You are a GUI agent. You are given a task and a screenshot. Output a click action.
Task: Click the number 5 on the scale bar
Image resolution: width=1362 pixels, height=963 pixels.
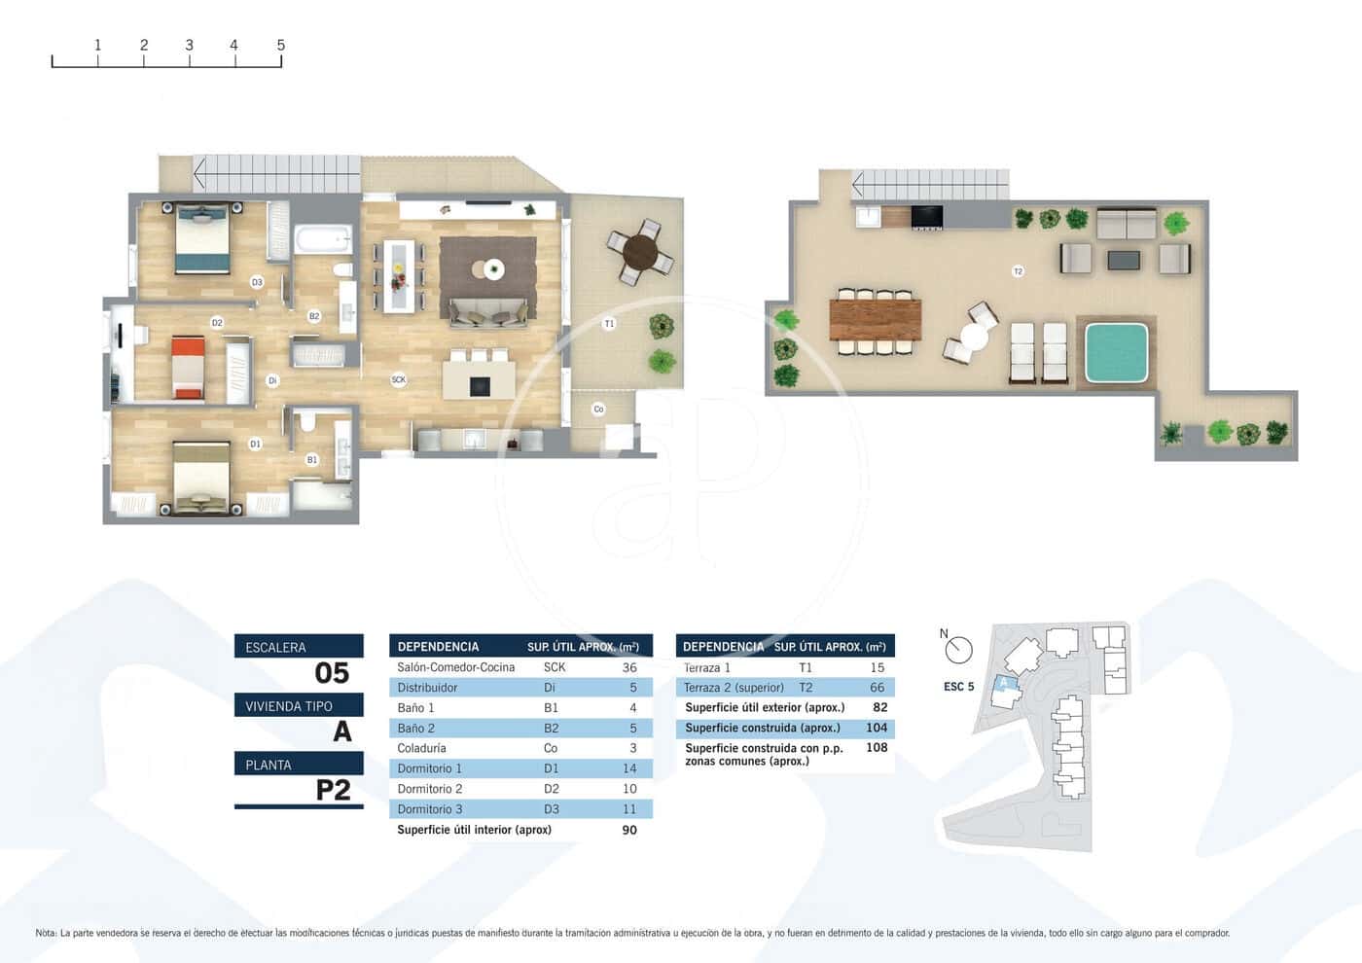[280, 45]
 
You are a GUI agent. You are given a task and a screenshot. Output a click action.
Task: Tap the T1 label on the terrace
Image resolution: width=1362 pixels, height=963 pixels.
[609, 324]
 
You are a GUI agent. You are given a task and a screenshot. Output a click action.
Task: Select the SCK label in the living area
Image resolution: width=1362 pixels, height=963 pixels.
[398, 379]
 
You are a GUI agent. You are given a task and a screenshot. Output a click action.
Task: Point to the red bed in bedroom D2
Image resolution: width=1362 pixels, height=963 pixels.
[187, 367]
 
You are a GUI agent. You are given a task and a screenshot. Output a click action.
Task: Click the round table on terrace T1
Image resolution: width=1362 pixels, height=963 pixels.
[640, 253]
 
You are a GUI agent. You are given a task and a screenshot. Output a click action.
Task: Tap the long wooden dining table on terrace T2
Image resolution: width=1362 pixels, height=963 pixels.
[875, 319]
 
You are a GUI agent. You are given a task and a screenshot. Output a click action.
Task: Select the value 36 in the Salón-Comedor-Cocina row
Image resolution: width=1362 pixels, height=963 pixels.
[629, 667]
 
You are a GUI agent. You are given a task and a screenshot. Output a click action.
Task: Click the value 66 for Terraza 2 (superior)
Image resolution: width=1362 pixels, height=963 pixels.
[877, 688]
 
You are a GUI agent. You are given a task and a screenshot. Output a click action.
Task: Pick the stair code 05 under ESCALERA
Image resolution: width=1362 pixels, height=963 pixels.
[332, 673]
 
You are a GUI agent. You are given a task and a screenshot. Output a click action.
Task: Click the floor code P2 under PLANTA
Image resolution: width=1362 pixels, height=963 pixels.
[333, 790]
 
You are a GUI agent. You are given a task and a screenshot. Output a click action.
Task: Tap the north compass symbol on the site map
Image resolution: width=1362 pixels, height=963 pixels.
[958, 648]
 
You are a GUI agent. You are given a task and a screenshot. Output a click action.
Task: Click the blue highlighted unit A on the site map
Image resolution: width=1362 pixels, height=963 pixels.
[1005, 683]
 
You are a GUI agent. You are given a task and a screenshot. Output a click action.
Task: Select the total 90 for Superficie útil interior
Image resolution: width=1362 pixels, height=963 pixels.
[629, 830]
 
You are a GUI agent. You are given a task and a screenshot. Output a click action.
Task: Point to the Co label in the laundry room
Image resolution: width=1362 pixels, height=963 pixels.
[598, 410]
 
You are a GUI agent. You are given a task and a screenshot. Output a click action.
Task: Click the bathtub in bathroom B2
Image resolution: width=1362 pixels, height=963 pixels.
[322, 238]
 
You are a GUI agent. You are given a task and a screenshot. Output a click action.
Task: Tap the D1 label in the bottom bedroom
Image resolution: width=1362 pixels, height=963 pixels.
[255, 444]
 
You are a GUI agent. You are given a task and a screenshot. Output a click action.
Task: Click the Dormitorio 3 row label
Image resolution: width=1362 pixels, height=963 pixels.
[430, 809]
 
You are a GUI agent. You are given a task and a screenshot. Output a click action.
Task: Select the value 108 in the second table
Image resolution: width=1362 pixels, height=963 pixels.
[877, 748]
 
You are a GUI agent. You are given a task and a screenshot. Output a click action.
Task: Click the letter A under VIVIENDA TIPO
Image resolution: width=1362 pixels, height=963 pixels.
[341, 731]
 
